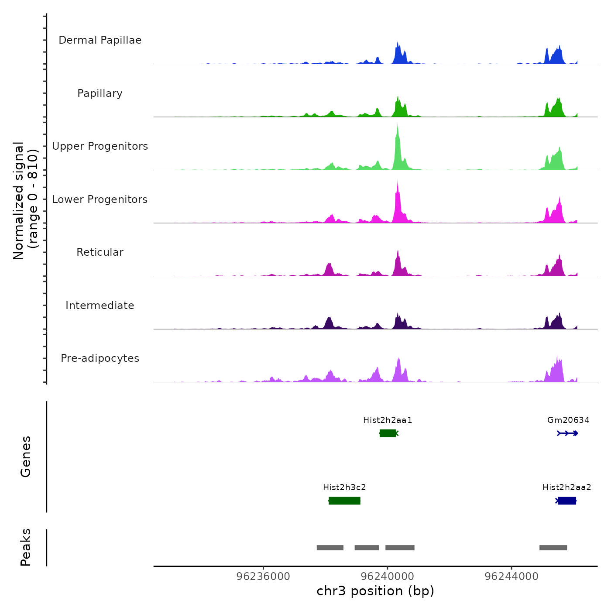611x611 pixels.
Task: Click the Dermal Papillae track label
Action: coord(100,40)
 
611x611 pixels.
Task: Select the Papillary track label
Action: coord(100,93)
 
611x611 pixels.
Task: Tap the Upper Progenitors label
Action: coord(100,146)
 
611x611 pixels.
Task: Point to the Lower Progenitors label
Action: coord(100,199)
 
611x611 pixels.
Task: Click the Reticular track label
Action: coord(100,252)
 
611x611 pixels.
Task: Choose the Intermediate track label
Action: coord(100,305)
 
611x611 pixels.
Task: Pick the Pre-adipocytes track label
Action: coord(100,358)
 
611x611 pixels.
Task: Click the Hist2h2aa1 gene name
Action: coord(388,420)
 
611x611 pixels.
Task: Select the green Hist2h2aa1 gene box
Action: coord(388,433)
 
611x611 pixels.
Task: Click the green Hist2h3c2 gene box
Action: coord(344,501)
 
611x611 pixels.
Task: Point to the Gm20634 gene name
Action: coord(568,420)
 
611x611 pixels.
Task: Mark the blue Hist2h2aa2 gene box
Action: coord(567,501)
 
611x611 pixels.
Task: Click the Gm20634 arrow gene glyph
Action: coord(567,433)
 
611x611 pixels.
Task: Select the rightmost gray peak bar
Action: coord(553,548)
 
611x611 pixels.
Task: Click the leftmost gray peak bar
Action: coord(330,548)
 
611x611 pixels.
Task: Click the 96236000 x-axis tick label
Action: coord(263,577)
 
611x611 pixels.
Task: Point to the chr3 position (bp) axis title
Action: coord(375,591)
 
